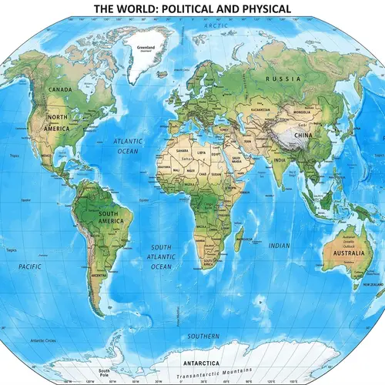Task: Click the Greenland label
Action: (146, 47)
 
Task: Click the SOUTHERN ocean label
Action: (203, 336)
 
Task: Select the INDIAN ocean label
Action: (279, 246)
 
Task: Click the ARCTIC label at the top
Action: (217, 25)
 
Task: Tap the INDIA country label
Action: (279, 160)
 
